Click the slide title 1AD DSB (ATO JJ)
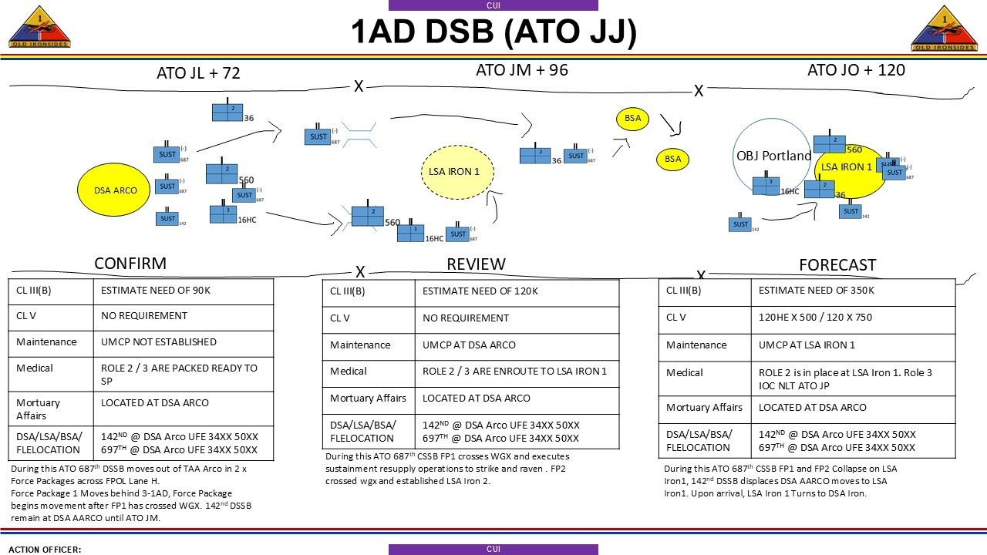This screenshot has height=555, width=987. [493, 32]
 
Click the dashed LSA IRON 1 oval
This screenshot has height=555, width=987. [456, 172]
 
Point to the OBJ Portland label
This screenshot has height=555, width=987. [773, 156]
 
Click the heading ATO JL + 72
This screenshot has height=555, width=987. [198, 73]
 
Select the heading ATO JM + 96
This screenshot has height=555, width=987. [521, 70]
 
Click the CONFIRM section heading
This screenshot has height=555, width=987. [130, 264]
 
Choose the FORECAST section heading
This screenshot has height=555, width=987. [837, 265]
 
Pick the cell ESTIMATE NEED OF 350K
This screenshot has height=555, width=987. [816, 291]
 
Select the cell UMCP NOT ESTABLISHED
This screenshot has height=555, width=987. [159, 341]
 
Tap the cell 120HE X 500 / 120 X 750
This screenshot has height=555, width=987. [826, 318]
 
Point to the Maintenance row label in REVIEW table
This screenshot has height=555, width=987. [359, 345]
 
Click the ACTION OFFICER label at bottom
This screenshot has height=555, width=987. [45, 550]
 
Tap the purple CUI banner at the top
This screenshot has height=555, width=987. [493, 5]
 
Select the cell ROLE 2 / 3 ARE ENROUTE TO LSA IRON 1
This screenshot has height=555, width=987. [514, 372]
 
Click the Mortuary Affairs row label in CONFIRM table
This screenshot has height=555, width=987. [38, 409]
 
